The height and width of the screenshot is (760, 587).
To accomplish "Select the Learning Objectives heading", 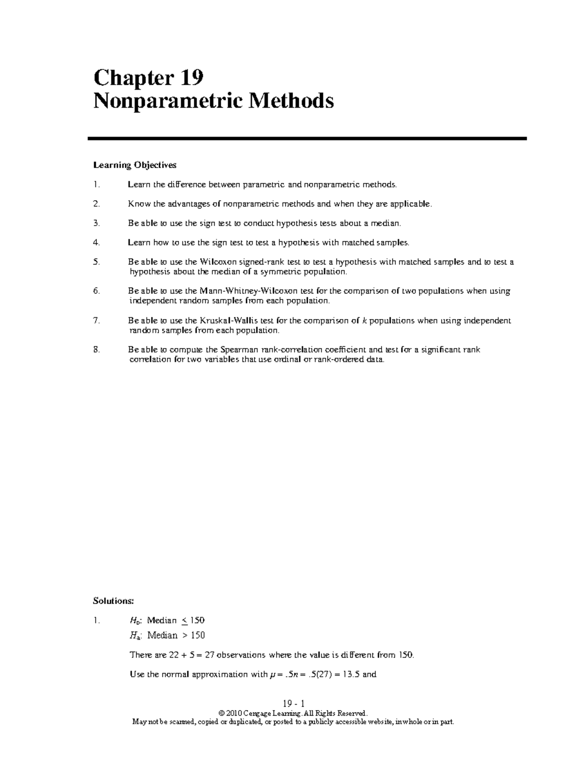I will pyautogui.click(x=135, y=165).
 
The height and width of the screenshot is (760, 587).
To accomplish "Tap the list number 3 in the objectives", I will pyautogui.click(x=96, y=223).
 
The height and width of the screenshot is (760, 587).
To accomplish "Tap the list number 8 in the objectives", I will pyautogui.click(x=96, y=350).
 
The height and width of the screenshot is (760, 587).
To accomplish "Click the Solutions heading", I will pyautogui.click(x=113, y=600).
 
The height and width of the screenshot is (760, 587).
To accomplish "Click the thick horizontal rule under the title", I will pyautogui.click(x=307, y=139).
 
